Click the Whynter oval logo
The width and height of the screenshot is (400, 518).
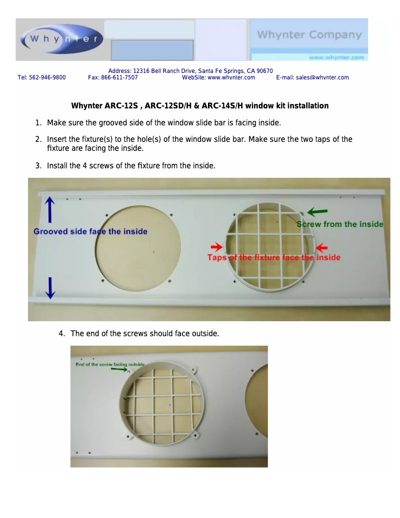(62, 39)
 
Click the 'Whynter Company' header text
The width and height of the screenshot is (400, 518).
(309, 34)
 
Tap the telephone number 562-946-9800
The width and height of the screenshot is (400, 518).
(47, 77)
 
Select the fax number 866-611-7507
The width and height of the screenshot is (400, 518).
(119, 77)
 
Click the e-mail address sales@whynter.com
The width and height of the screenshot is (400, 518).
(322, 77)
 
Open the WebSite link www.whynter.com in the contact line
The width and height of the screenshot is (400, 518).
(231, 77)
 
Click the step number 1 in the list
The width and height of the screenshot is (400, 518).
(38, 123)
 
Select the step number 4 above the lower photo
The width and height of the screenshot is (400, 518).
(61, 334)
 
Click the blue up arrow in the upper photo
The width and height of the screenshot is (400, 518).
(50, 209)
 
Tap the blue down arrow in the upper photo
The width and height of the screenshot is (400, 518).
(50, 288)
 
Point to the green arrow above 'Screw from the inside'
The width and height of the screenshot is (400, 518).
(317, 212)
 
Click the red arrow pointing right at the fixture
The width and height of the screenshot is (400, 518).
(216, 246)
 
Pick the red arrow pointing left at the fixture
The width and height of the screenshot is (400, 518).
(322, 247)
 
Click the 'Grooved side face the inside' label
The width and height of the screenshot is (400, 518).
(90, 231)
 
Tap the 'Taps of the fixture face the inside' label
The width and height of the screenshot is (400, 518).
(274, 257)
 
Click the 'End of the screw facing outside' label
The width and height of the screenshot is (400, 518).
(110, 364)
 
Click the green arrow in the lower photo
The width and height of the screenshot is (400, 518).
(119, 369)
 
